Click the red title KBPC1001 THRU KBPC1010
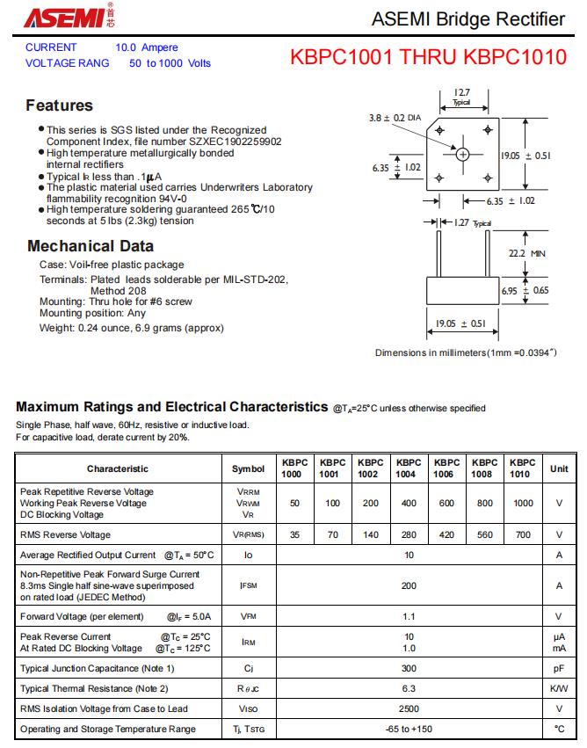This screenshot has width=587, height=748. click(428, 58)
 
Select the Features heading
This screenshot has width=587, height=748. click(59, 105)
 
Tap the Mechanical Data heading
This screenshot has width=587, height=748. click(91, 246)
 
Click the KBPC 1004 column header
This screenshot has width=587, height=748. click(408, 468)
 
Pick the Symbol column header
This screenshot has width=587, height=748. click(248, 468)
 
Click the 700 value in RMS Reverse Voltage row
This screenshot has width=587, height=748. click(523, 534)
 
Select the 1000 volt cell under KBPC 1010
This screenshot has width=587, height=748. click(523, 503)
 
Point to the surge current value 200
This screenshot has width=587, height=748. click(409, 585)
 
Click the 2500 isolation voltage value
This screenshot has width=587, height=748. click(409, 708)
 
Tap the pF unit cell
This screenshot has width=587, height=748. click(559, 669)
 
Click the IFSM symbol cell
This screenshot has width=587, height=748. click(248, 585)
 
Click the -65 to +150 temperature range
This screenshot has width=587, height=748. click(409, 729)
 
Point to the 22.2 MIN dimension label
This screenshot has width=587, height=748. click(527, 253)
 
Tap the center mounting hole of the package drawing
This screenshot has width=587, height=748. click(463, 154)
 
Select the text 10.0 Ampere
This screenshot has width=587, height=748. click(147, 47)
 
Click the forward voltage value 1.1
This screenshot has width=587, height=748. click(409, 616)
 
